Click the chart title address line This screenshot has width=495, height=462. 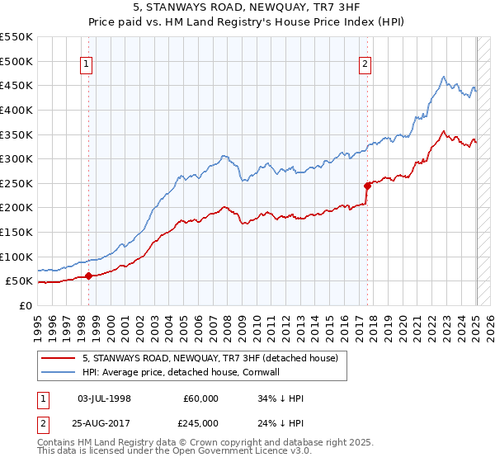point(247,7)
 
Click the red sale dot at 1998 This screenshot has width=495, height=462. point(88,276)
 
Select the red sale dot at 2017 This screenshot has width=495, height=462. point(367,186)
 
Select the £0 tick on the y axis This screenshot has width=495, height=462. point(25,305)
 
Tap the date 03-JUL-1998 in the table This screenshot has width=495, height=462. point(104,398)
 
